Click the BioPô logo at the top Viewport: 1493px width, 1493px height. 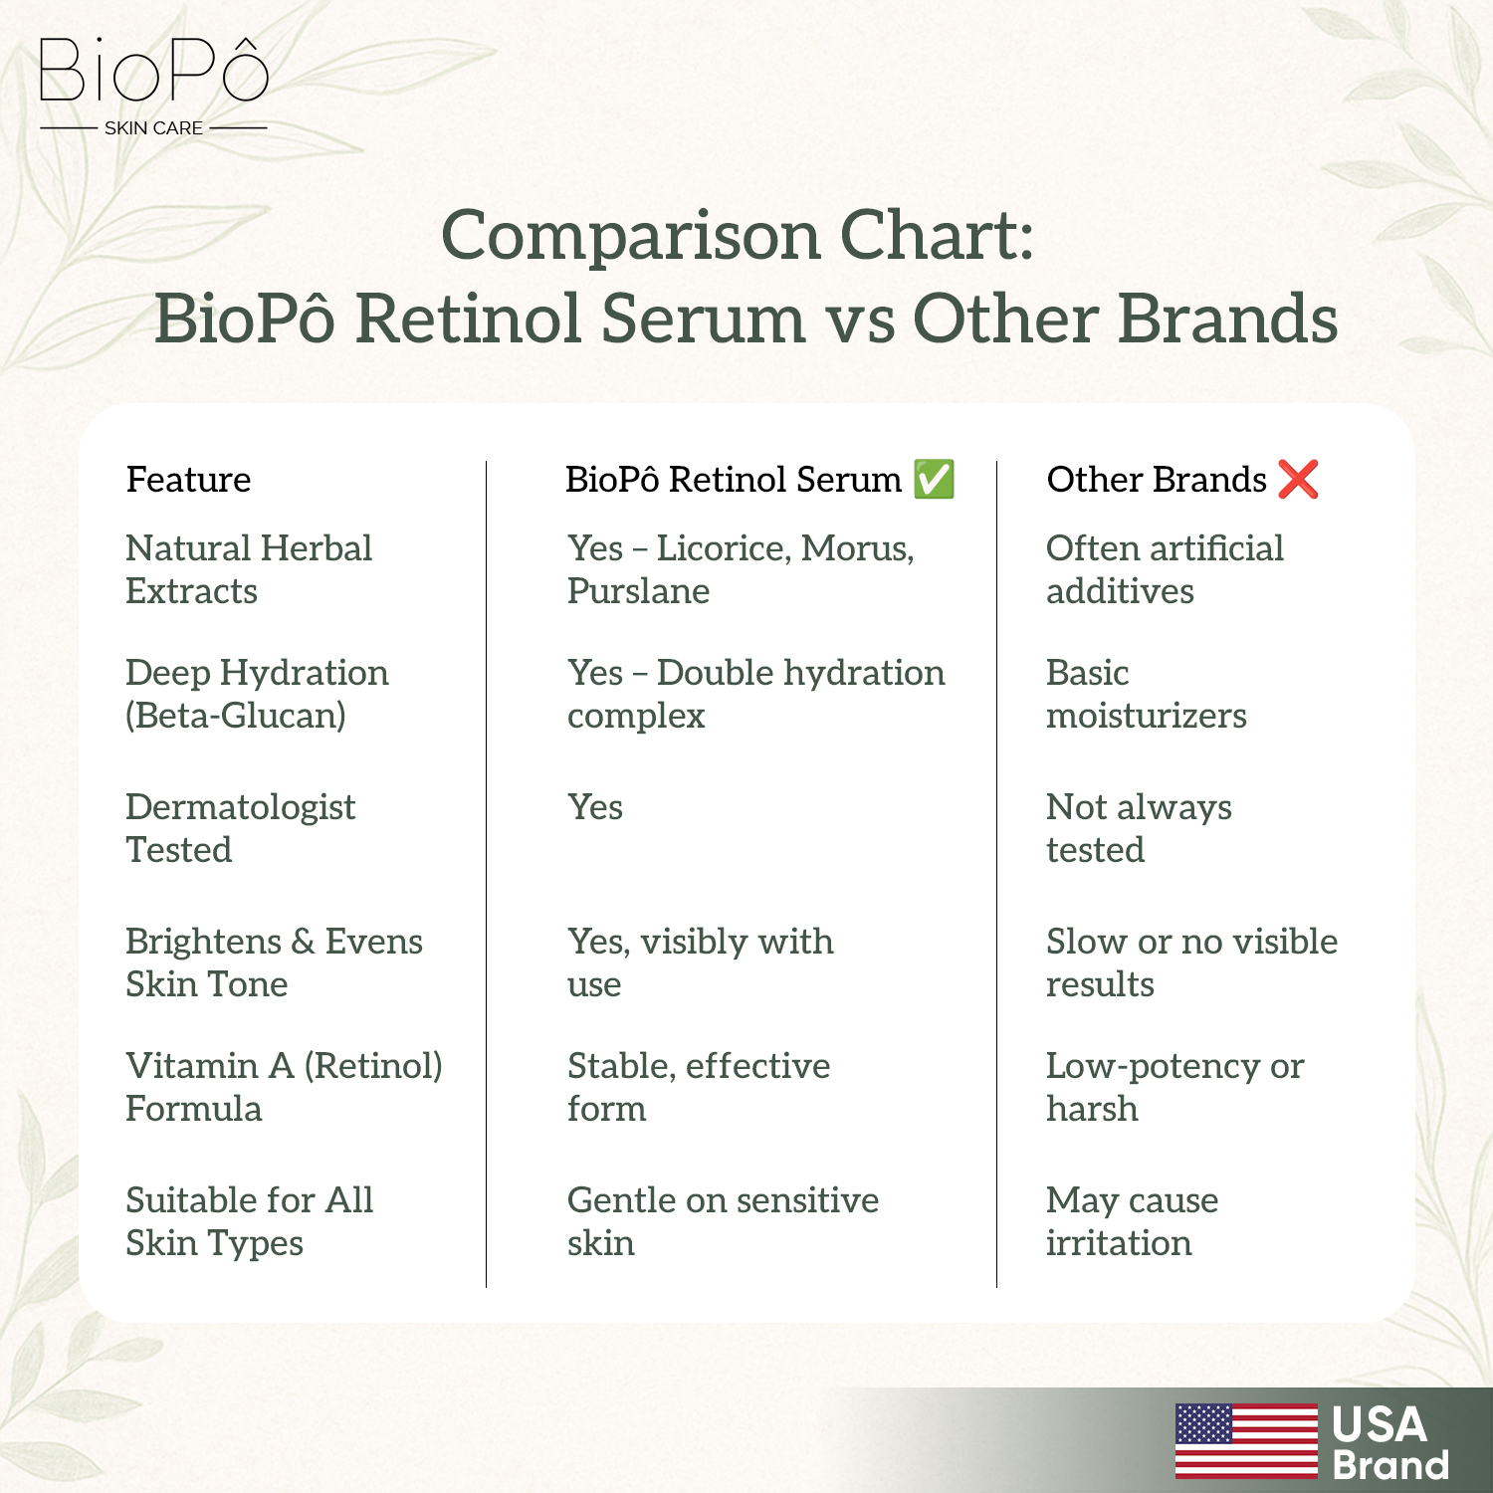click(153, 86)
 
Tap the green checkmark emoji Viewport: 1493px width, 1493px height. click(934, 479)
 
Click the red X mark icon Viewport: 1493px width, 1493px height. click(1298, 479)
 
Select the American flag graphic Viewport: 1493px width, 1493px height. click(1246, 1440)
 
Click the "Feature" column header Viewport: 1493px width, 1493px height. click(188, 480)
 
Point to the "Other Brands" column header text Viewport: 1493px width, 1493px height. click(1157, 480)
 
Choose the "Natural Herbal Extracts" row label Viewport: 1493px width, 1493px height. click(249, 569)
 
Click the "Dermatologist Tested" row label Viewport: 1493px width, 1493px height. click(240, 828)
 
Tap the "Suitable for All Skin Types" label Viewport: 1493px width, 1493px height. click(249, 1221)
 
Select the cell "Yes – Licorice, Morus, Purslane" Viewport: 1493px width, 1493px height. click(741, 569)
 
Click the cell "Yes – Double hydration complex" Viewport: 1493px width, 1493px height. click(755, 694)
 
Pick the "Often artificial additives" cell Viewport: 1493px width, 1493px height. click(1165, 569)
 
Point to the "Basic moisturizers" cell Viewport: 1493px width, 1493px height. click(1146, 694)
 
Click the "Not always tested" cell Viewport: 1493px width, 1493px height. click(1139, 828)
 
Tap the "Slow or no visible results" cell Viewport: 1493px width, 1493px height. click(1191, 962)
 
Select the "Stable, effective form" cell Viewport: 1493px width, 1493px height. click(699, 1087)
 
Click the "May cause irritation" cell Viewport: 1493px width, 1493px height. click(1132, 1221)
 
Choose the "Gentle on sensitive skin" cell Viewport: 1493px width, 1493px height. click(723, 1221)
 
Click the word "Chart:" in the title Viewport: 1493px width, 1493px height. click(937, 236)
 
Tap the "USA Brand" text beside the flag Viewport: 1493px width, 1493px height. click(1390, 1443)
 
